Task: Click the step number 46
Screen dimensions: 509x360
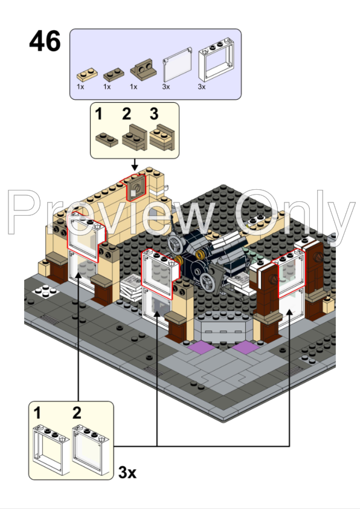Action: coord(45,42)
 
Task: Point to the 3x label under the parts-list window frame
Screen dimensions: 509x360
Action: coord(202,87)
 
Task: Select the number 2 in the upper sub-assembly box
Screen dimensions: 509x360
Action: coord(127,114)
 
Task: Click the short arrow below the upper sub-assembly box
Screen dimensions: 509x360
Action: coord(135,165)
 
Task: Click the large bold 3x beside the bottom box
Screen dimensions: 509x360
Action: coord(127,472)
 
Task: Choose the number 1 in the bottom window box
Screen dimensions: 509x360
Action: coord(38,414)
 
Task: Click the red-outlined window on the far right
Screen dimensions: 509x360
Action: coord(291,270)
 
